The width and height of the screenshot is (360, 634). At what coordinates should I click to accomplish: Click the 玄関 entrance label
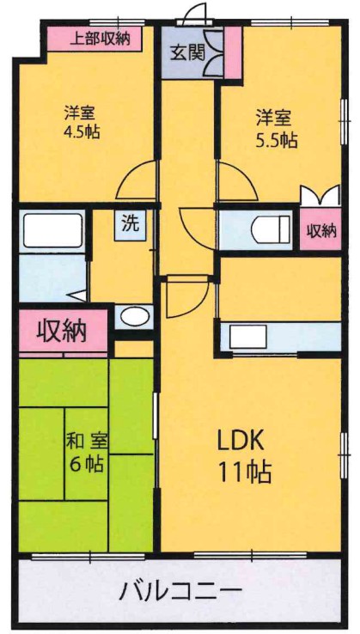click(x=186, y=52)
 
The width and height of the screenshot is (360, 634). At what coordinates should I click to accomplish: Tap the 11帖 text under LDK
click(x=244, y=472)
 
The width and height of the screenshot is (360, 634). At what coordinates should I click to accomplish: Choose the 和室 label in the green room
click(x=86, y=442)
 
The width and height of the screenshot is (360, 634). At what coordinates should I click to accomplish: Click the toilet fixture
click(x=269, y=230)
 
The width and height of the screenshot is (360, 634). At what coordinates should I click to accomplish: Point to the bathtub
click(x=52, y=231)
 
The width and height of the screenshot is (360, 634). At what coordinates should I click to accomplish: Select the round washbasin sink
click(x=133, y=316)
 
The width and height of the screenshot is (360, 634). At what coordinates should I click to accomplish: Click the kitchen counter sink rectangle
click(x=249, y=335)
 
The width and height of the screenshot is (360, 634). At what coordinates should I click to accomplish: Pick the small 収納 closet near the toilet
click(x=321, y=230)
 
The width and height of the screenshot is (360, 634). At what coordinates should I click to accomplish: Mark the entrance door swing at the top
click(x=198, y=13)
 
